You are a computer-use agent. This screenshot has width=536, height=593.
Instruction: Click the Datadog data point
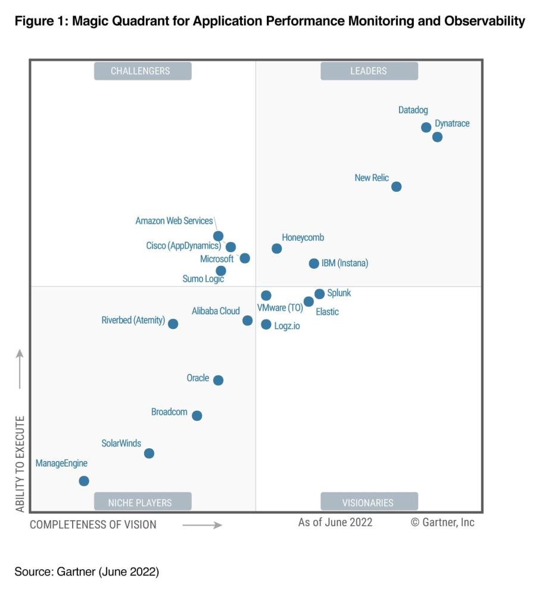pyautogui.click(x=426, y=128)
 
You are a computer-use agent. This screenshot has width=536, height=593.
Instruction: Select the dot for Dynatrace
pyautogui.click(x=437, y=137)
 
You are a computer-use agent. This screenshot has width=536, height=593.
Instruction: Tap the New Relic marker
pyautogui.click(x=396, y=187)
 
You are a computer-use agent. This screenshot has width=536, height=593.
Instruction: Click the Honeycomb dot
pyautogui.click(x=276, y=249)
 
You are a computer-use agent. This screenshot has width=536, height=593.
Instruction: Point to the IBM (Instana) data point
pyautogui.click(x=314, y=263)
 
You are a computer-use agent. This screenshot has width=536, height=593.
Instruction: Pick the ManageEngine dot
pyautogui.click(x=84, y=481)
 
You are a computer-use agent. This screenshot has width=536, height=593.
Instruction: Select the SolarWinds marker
pyautogui.click(x=149, y=454)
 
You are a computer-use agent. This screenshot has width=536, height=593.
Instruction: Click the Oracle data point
pyautogui.click(x=218, y=380)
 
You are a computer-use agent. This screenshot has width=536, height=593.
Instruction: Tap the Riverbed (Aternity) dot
pyautogui.click(x=173, y=324)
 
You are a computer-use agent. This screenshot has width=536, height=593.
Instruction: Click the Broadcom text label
pyautogui.click(x=169, y=412)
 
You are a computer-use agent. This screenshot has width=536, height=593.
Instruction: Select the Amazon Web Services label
pyautogui.click(x=174, y=221)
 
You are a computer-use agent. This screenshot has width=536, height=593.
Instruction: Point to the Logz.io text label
pyautogui.click(x=287, y=326)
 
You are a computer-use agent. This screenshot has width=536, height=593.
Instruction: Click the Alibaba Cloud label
pyautogui.click(x=216, y=311)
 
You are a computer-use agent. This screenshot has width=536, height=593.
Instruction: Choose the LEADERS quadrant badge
pyautogui.click(x=369, y=71)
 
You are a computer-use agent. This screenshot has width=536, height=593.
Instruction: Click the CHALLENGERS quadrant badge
pyautogui.click(x=141, y=71)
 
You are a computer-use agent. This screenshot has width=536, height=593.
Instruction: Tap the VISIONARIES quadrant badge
pyautogui.click(x=368, y=502)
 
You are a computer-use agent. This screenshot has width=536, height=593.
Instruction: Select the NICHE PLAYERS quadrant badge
pyautogui.click(x=140, y=502)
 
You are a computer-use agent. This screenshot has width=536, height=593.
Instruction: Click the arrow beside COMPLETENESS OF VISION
pyautogui.click(x=202, y=525)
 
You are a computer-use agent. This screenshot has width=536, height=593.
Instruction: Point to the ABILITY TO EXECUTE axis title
pyautogui.click(x=20, y=464)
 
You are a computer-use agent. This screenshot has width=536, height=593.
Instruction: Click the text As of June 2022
pyautogui.click(x=335, y=522)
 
